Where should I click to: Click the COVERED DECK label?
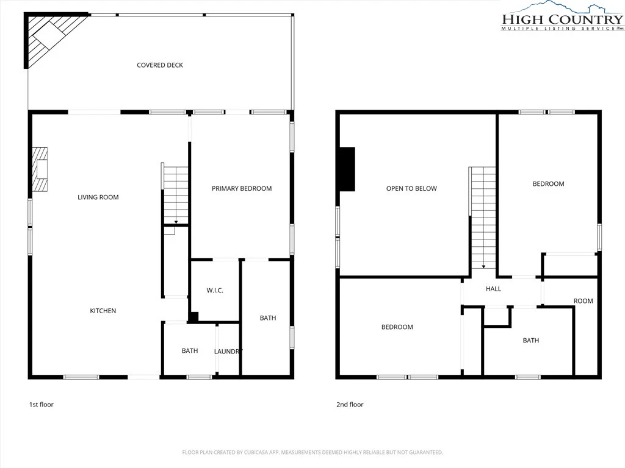160,65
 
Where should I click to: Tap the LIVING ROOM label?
98,197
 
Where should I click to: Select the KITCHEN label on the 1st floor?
103,311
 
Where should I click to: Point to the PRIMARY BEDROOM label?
242,188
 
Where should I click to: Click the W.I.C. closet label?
215,291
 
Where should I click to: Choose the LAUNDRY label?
228,352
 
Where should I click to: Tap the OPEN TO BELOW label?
411,188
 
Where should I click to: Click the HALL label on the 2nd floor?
493,289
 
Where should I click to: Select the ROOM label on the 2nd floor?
583,301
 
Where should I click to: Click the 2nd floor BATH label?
531,340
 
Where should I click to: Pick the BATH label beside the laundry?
190,350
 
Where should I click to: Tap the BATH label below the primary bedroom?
268,317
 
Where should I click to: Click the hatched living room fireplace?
40,169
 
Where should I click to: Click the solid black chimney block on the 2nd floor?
347,169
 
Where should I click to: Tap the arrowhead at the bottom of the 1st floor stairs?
176,222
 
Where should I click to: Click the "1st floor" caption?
41,405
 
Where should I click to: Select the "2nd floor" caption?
350,405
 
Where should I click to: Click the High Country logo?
562,16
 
